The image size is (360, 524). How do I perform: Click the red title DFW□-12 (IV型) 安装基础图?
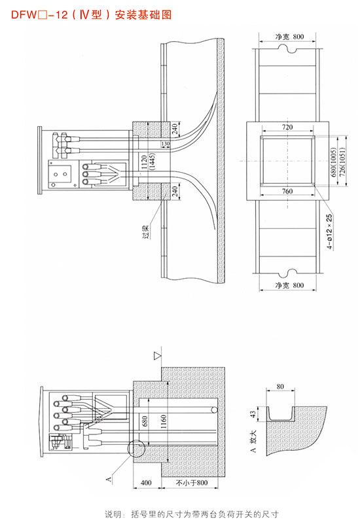point(91,14)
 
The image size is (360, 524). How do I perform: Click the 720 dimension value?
point(287,127)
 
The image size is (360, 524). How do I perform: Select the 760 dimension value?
point(287,191)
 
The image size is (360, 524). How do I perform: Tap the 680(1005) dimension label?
point(333,162)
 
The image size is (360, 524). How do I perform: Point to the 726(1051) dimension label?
point(342,162)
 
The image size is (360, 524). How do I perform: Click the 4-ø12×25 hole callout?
point(330,232)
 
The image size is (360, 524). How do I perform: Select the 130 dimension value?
point(166,144)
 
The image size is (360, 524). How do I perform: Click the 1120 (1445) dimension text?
point(147,162)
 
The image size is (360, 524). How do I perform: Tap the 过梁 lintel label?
point(146,232)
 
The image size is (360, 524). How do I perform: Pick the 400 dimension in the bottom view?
point(146,483)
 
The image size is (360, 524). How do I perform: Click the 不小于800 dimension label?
point(192,483)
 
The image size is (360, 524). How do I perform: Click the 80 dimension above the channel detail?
point(280,387)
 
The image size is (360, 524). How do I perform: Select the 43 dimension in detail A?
point(253,414)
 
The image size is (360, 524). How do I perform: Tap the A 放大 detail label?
point(253,441)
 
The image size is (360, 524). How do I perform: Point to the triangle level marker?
point(158,357)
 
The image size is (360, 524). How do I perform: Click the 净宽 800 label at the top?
point(289,37)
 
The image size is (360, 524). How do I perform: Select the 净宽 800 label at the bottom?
point(289,285)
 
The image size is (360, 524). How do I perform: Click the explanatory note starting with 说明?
point(192,514)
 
